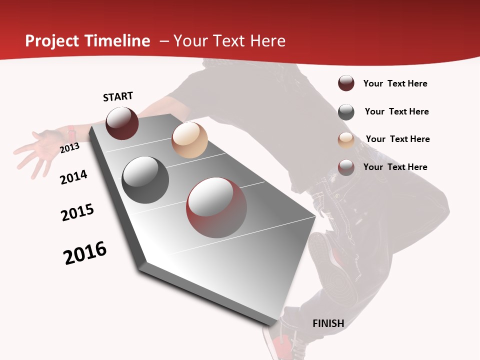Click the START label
118,96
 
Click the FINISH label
328,323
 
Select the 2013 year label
69,147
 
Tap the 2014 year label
73,177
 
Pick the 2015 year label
77,212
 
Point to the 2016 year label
85,253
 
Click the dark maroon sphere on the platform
122,123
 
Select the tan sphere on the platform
189,140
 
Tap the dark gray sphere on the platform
145,180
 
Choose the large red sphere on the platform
216,207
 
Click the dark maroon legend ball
346,83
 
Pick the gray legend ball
346,112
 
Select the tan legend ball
346,140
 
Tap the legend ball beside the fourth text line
346,167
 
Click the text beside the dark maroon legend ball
395,83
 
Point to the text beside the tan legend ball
397,139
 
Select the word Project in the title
51,41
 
